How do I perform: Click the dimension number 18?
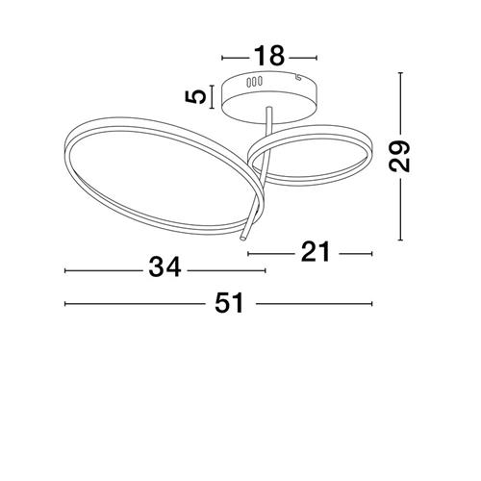[x=269, y=57]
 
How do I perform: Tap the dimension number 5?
[x=196, y=97]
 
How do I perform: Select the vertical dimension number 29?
[x=399, y=156]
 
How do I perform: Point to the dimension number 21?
[x=316, y=252]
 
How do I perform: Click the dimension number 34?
[x=165, y=267]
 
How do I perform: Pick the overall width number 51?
[x=230, y=303]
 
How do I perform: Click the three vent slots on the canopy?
[x=254, y=82]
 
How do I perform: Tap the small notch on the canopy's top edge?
[x=298, y=77]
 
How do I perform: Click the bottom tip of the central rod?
[x=243, y=238]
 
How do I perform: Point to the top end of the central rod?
[x=269, y=109]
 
